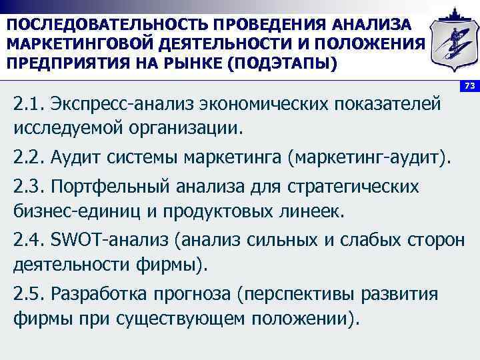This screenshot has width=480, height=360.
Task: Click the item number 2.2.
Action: coord(27,158)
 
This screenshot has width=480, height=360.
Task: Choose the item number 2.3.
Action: coord(27,186)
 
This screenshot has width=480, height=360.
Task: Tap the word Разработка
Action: coord(99,293)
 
